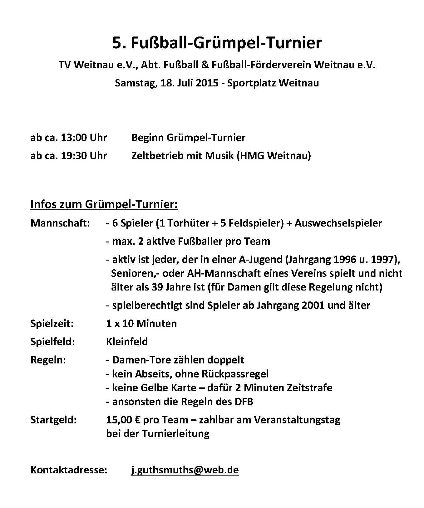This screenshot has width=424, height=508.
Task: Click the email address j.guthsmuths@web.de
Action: pos(185,470)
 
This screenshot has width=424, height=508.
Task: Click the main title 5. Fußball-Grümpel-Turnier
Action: pos(217,43)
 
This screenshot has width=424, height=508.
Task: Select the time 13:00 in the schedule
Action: pos(74,138)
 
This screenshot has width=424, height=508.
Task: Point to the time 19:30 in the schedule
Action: pos(74,156)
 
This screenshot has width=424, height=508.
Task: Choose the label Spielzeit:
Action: pos(52,323)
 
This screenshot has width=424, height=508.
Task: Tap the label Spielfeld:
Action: pos(53,341)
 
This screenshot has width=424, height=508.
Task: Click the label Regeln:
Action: pos(48,360)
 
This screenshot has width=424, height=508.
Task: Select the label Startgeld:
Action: pos(53,420)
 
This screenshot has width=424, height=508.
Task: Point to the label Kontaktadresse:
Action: pos(69,470)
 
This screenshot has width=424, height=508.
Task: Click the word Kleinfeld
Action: pos(127,341)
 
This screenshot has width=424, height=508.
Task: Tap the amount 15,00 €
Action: pos(124,420)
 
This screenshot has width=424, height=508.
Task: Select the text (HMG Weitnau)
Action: pos(274,156)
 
